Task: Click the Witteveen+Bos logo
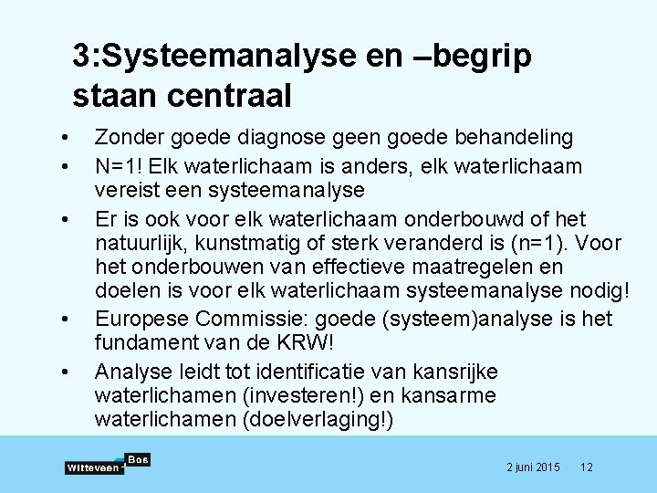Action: click(108, 464)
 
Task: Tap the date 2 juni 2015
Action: click(534, 467)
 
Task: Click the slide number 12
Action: click(587, 467)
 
